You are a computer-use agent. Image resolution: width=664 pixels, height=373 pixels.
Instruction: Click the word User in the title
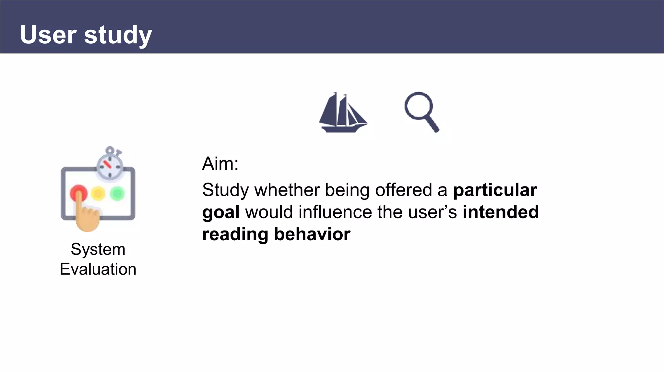(48, 35)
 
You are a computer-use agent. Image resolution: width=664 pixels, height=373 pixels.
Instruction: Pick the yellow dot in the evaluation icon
(98, 194)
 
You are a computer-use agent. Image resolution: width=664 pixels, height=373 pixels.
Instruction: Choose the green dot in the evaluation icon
(117, 194)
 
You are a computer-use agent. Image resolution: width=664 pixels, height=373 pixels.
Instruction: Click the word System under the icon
(98, 249)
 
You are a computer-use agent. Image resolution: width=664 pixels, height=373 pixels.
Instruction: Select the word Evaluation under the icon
(98, 269)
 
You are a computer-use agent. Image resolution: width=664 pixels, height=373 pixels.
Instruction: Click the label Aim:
(220, 164)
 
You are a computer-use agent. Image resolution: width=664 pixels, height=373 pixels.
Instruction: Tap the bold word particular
(495, 190)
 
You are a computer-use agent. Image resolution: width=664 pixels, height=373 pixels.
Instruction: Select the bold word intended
(501, 212)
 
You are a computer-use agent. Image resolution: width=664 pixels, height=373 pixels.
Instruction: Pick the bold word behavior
(312, 234)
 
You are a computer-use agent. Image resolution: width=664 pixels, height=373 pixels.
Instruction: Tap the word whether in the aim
(287, 190)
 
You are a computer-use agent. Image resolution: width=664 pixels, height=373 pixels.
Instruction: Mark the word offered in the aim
(403, 190)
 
